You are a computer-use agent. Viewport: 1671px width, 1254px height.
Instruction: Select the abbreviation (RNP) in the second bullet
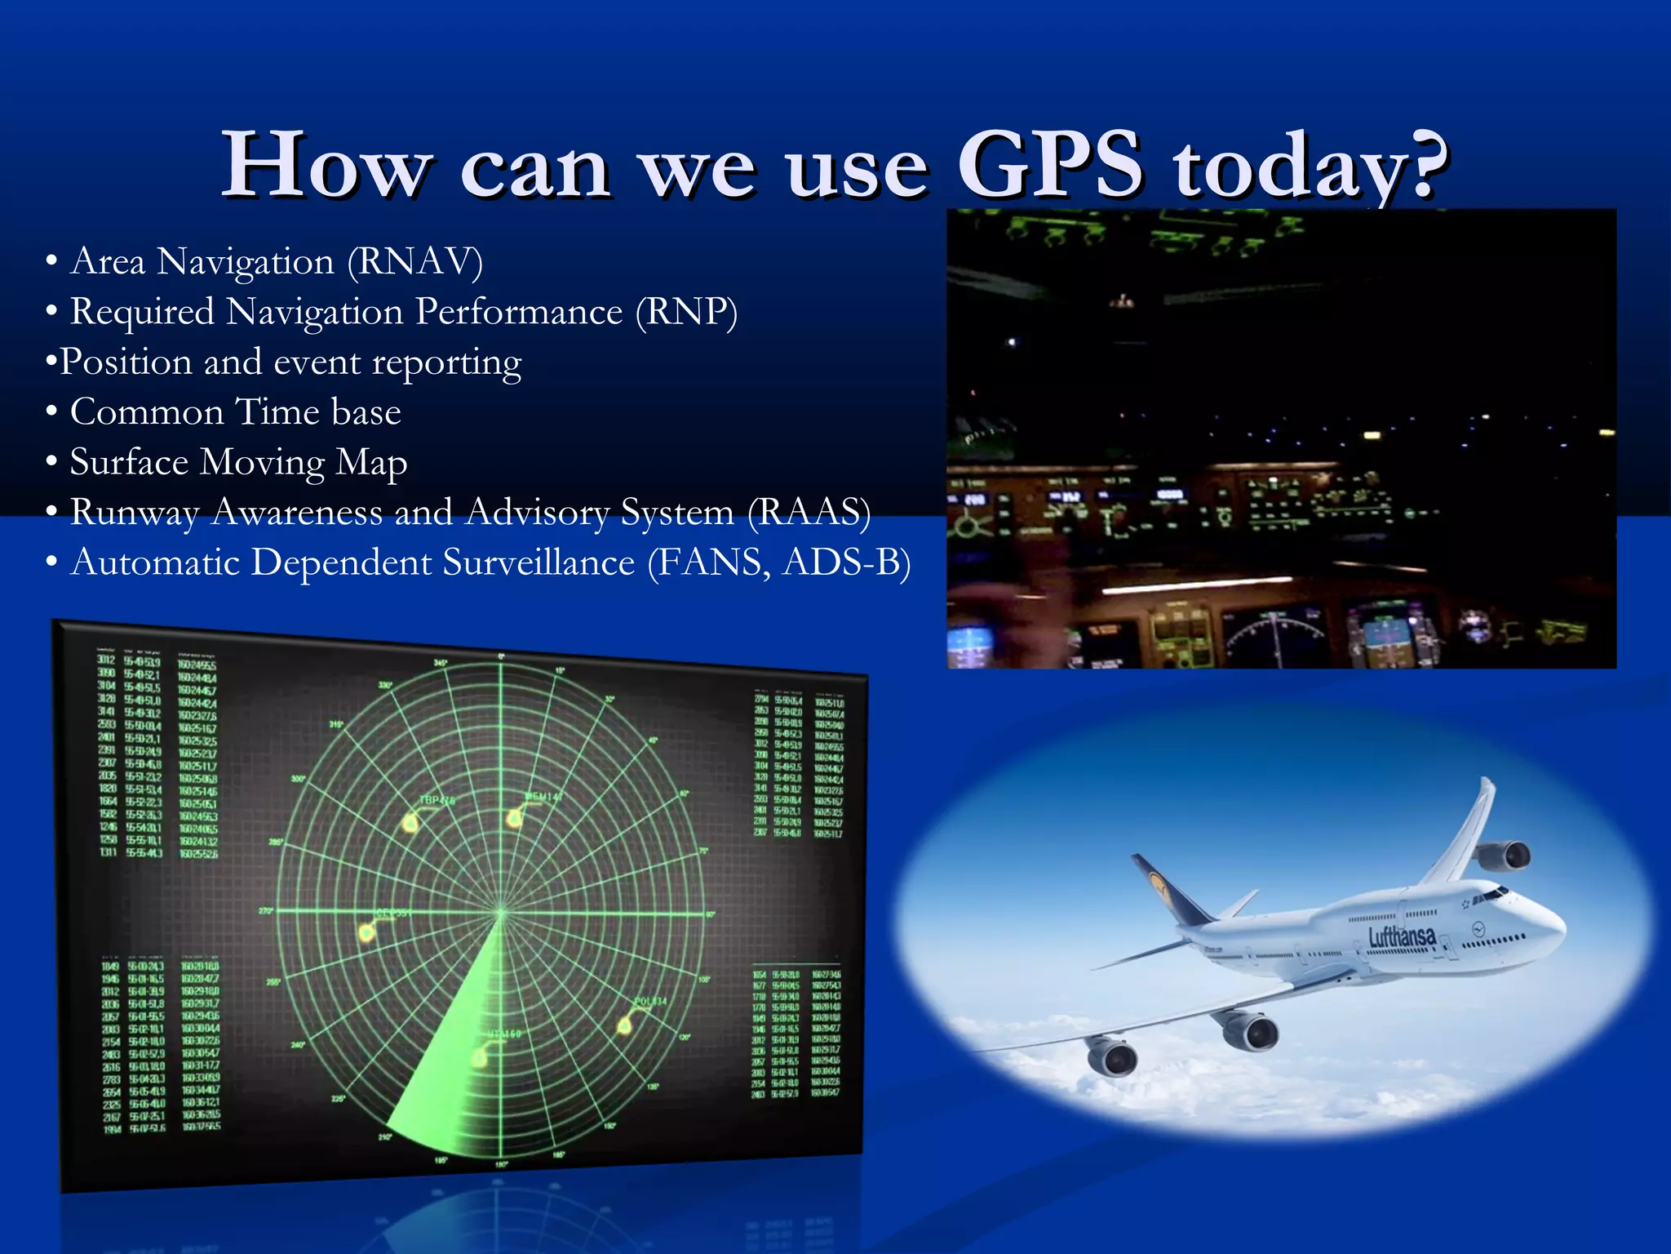point(686,313)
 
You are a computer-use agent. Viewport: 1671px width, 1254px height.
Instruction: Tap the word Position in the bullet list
point(126,362)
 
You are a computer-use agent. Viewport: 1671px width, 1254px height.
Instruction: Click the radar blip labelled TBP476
point(410,823)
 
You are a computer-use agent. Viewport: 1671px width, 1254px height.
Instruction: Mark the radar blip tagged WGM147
point(514,817)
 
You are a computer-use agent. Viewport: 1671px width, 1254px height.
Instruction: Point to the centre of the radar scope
point(501,911)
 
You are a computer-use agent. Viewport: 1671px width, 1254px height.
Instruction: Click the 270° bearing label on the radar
point(266,910)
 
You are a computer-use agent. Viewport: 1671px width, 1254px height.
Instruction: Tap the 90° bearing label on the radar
point(710,914)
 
